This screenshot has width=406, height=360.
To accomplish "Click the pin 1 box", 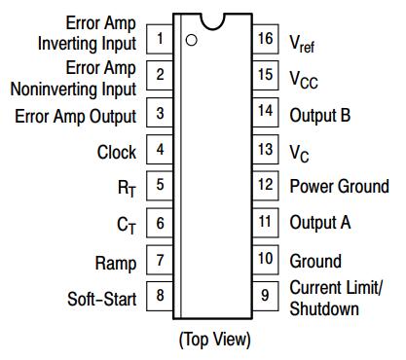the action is [x=160, y=39].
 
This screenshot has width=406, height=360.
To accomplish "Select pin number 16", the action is [x=265, y=38].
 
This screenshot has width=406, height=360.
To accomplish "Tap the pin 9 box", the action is [x=265, y=296].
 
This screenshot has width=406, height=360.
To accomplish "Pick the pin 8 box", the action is [x=160, y=296].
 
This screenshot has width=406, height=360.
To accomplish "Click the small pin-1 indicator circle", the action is [x=191, y=40].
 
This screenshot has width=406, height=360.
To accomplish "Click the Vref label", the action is [x=302, y=44].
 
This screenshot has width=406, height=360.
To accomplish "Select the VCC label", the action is [x=304, y=80].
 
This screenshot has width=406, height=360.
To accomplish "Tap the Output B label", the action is [x=320, y=116].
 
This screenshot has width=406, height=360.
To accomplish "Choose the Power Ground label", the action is [x=339, y=186].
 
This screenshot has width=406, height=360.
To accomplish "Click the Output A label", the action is [x=320, y=223].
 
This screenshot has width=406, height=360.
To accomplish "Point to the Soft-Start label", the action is [x=101, y=299].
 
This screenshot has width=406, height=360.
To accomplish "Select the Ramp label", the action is [x=116, y=264].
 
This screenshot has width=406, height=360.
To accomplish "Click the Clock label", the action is [x=117, y=152].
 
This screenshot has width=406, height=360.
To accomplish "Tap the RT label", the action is [x=127, y=189].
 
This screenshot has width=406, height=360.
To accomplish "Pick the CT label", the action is [x=127, y=225].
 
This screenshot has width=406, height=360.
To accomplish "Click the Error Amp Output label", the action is [x=75, y=117].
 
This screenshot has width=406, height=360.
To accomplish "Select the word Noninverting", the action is [x=54, y=89].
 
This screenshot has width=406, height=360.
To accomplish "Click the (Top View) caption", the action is [x=215, y=340].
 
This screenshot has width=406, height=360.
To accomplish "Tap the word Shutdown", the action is [x=324, y=308].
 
